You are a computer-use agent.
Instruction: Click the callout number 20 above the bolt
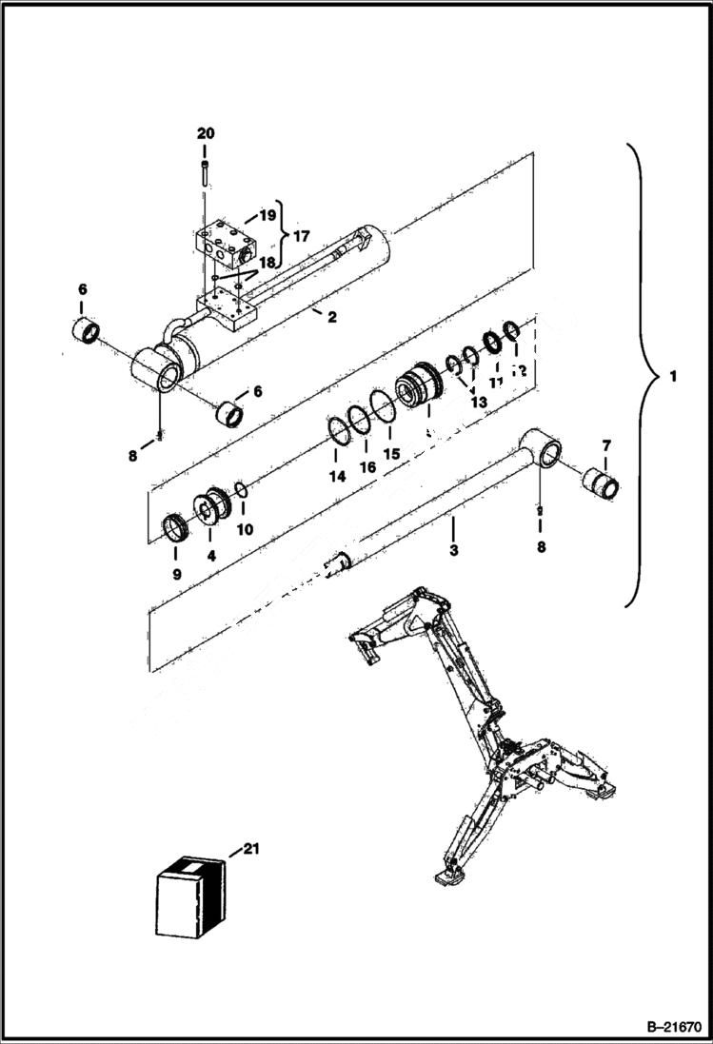pos(206,133)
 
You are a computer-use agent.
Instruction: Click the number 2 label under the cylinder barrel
pos(331,317)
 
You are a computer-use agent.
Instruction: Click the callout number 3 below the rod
pos(453,550)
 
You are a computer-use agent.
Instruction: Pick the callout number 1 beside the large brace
pos(674,377)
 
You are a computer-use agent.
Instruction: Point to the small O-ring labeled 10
pos(243,490)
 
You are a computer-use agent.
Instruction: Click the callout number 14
pos(338,477)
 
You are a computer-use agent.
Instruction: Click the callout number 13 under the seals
pos(477,403)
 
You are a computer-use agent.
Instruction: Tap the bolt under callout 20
pos(205,172)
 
